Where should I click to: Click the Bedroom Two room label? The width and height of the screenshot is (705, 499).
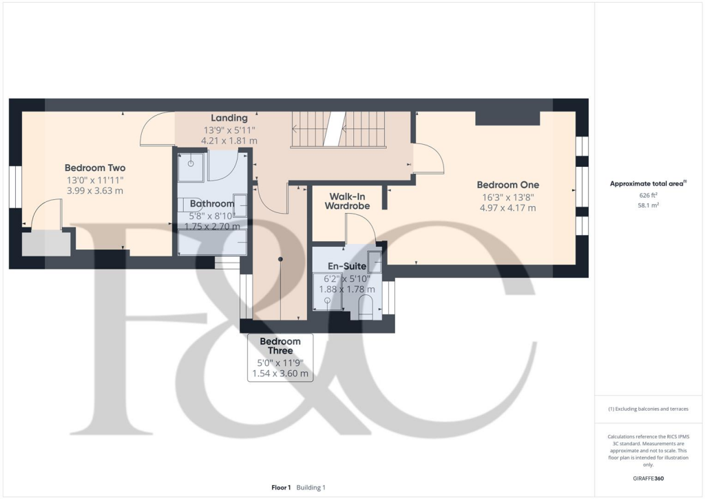(95, 167)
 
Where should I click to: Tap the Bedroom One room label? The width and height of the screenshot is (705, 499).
(508, 185)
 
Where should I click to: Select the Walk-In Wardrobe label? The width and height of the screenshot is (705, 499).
(347, 201)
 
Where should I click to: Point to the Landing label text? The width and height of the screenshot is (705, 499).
(229, 118)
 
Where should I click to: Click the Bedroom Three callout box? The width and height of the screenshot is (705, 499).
(280, 358)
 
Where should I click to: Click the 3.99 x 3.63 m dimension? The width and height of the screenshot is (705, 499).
(94, 190)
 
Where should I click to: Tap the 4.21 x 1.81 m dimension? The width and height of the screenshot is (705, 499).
(229, 141)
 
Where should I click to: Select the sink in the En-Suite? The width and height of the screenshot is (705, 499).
(376, 263)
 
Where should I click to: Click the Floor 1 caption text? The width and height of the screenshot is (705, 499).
(280, 487)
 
